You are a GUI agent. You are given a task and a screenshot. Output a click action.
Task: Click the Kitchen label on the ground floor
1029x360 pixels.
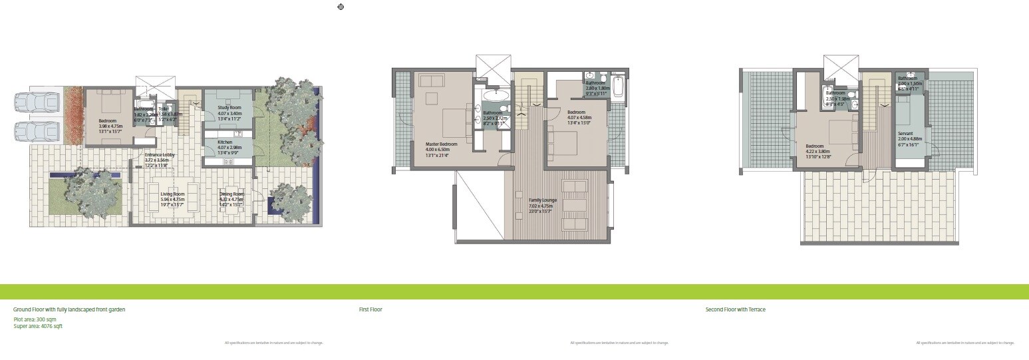tap(225, 142)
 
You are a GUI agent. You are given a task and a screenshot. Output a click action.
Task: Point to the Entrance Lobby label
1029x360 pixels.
tap(160, 155)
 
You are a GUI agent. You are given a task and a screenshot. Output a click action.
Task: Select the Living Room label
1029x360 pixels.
tap(172, 194)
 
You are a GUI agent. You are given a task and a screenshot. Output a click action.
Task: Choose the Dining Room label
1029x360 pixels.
tap(232, 194)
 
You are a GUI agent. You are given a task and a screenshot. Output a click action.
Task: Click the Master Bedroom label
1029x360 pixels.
tap(442, 144)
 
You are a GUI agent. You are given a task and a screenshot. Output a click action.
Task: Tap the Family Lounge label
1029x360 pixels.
tap(543, 200)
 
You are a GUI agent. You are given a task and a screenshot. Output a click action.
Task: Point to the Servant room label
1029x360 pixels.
tap(905, 133)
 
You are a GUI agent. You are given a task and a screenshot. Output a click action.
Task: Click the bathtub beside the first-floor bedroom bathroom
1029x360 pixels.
tap(618, 87)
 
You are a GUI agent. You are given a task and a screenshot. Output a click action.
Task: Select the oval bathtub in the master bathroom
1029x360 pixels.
tap(496, 96)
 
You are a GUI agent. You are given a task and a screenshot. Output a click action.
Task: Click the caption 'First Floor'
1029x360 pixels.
tap(370, 309)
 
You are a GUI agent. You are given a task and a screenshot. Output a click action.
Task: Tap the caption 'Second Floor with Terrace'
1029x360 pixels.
tap(735, 309)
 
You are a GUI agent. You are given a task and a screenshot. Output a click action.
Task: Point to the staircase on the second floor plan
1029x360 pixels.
tap(879, 126)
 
